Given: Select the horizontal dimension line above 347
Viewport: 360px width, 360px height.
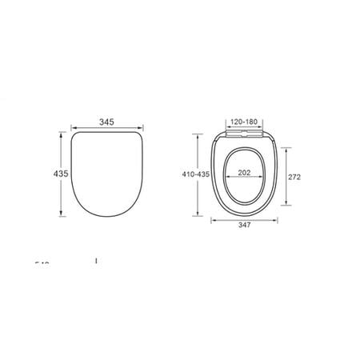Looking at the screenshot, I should [246, 221].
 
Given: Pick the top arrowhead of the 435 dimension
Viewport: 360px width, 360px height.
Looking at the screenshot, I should [61, 135].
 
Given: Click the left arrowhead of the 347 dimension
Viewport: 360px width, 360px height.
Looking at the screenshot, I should [213, 221].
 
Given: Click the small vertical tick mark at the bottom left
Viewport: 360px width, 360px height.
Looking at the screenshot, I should [96, 260].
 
